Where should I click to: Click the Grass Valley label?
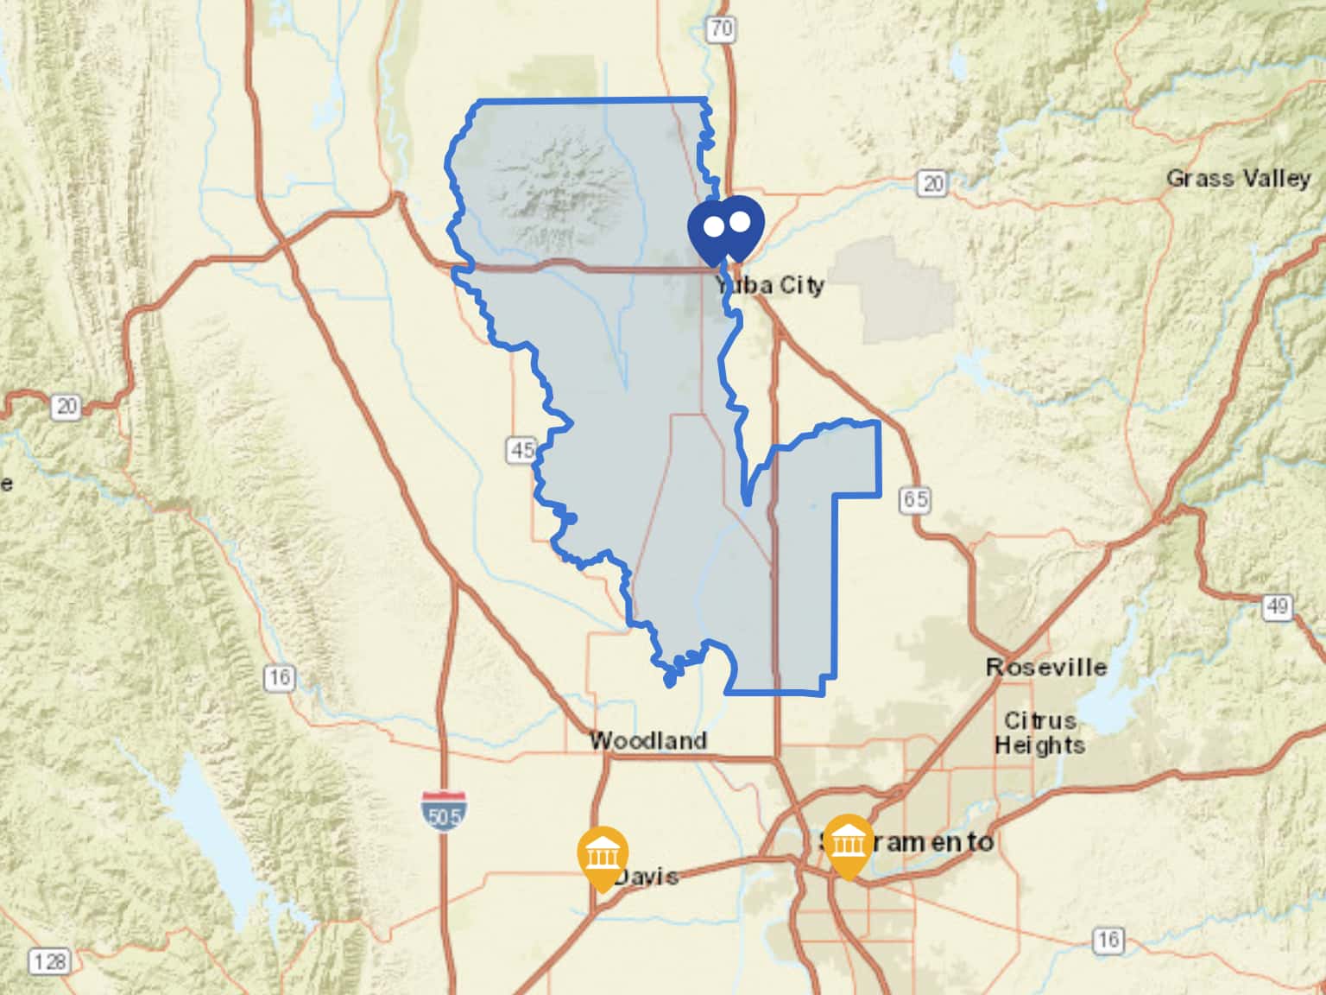(1238, 179)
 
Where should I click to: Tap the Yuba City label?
(769, 285)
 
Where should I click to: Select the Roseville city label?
(1046, 667)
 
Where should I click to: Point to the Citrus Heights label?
(1039, 732)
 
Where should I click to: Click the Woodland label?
(647, 740)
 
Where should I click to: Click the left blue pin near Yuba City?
(713, 227)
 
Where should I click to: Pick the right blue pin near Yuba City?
(741, 223)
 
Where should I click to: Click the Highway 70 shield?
(721, 29)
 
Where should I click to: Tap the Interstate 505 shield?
(444, 810)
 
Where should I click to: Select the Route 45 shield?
(522, 450)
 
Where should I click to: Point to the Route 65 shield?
(915, 499)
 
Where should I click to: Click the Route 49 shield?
(1277, 606)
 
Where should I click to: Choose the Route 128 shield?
(48, 960)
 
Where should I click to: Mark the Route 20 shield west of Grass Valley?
(932, 183)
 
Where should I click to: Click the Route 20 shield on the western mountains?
(66, 406)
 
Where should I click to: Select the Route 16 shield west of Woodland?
(279, 677)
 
